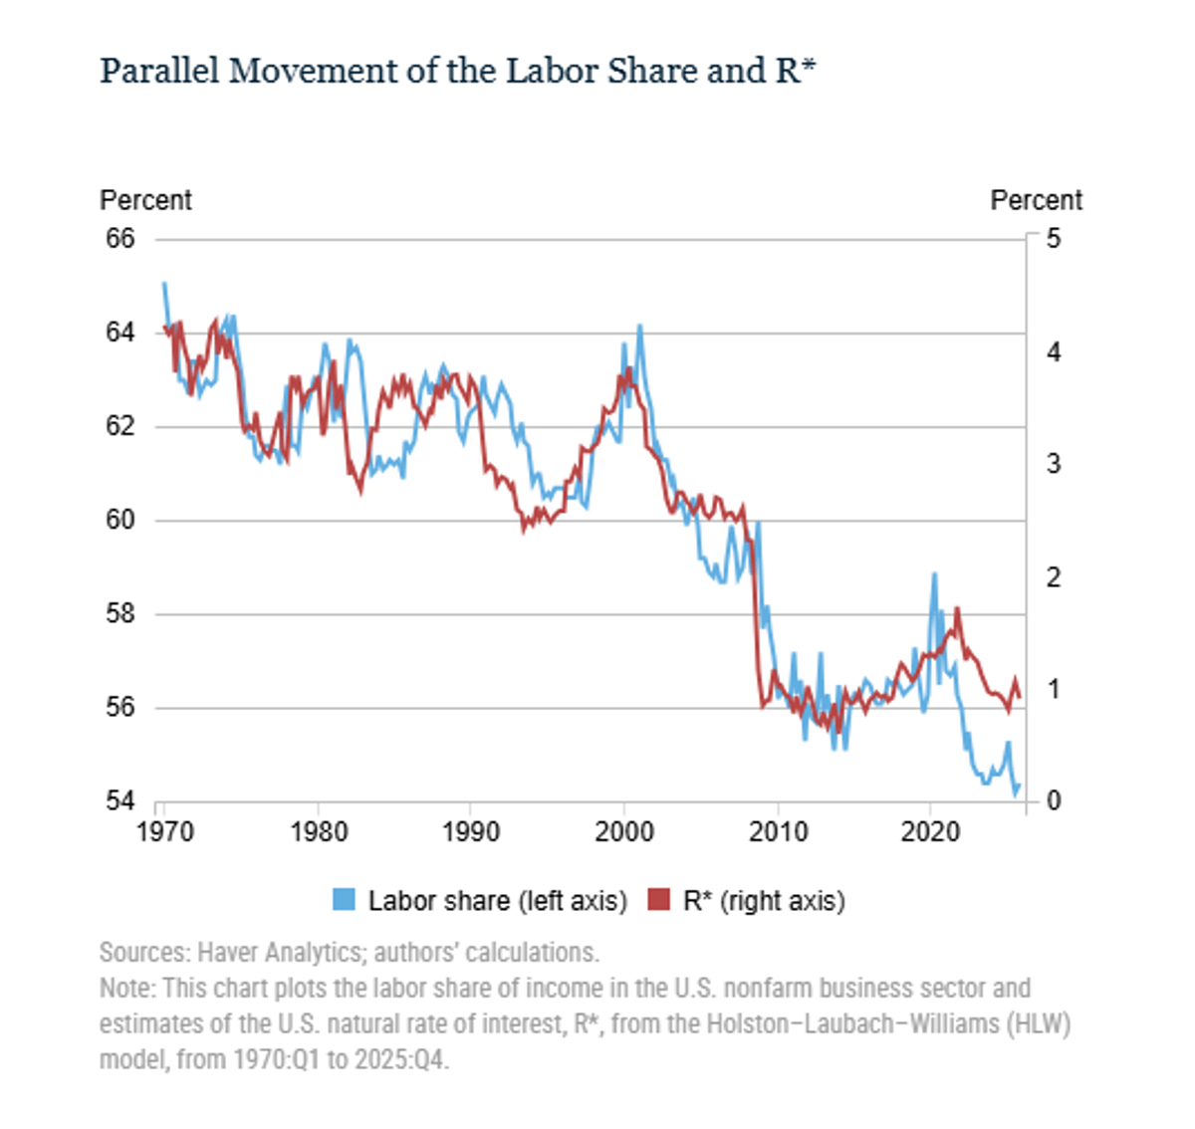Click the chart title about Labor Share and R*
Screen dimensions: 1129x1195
[457, 72]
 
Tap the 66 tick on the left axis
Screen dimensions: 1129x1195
[120, 239]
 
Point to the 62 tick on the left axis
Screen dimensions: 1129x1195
[120, 426]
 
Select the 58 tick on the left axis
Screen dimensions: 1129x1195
[120, 613]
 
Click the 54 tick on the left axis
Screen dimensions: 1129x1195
[120, 800]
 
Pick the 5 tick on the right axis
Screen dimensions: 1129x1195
[1054, 239]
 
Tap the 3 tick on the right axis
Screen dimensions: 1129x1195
[1054, 464]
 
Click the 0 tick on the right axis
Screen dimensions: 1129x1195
[1054, 800]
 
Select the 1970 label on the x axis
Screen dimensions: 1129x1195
[164, 831]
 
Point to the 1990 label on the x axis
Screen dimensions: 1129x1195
[471, 831]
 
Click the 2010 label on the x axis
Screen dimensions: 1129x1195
[778, 831]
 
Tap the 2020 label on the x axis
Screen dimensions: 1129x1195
[930, 831]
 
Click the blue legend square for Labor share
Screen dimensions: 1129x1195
[344, 900]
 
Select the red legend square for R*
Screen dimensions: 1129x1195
[658, 900]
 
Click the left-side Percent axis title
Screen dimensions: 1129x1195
[145, 200]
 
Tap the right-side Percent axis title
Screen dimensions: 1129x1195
[1036, 200]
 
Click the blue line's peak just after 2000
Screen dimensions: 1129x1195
[639, 326]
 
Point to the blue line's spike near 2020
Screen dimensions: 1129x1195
[934, 574]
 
